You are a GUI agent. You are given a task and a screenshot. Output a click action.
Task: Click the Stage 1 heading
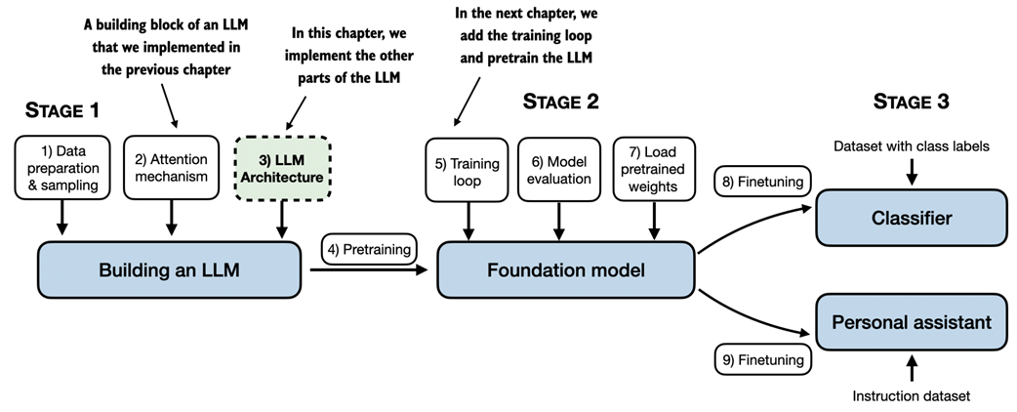pyautogui.click(x=62, y=110)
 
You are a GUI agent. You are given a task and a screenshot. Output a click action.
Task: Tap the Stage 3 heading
pyautogui.click(x=910, y=102)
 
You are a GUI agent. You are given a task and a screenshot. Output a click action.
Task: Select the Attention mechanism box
pyautogui.click(x=172, y=168)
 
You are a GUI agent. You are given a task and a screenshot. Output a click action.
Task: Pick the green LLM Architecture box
pyautogui.click(x=283, y=168)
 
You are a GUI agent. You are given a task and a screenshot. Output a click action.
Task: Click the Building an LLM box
pyautogui.click(x=169, y=268)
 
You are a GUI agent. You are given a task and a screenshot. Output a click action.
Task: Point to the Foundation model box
pyautogui.click(x=565, y=268)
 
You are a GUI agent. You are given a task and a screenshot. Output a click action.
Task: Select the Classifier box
pyautogui.click(x=911, y=219)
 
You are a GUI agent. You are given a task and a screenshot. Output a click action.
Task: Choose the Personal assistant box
pyautogui.click(x=911, y=322)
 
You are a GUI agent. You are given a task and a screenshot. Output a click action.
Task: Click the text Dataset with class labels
pyautogui.click(x=911, y=146)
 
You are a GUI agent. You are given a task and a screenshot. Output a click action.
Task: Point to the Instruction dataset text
pyautogui.click(x=911, y=395)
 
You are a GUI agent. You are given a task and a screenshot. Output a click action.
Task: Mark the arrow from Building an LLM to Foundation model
pyautogui.click(x=371, y=268)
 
